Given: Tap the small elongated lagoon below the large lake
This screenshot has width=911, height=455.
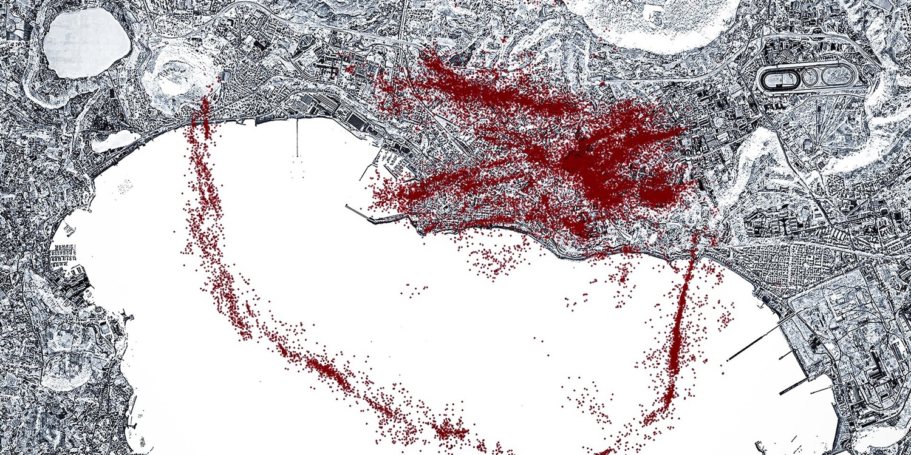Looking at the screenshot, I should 115,141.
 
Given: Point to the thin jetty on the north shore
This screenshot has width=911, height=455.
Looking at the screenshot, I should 298,137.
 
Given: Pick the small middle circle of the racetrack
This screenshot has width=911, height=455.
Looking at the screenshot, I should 808,78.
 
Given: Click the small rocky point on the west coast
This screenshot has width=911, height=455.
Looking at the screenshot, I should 126,315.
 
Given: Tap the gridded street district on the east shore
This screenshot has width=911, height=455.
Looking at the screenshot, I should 783,267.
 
